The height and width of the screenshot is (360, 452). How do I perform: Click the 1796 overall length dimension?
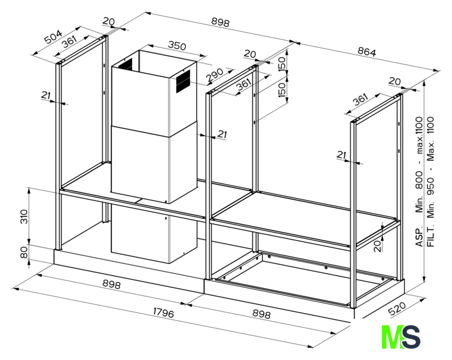point(164,312)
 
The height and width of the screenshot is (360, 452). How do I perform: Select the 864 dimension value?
point(367,52)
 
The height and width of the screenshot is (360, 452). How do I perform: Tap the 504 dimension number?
point(53,37)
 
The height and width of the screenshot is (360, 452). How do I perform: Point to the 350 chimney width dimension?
point(177,46)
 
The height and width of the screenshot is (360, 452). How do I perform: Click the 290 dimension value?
point(215,75)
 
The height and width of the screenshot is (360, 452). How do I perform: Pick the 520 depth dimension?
point(397,308)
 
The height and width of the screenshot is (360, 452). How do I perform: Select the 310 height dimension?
point(24,217)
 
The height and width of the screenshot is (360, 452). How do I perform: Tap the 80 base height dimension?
point(24,252)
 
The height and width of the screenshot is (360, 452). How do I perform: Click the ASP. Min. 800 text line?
point(419,182)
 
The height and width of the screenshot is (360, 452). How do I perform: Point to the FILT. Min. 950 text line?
point(431,182)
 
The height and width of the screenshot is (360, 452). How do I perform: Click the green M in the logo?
point(392,336)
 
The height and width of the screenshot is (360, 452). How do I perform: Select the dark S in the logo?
point(410,336)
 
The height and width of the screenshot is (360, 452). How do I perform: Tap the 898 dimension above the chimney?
point(220,22)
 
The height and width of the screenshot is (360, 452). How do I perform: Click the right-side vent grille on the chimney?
point(183,81)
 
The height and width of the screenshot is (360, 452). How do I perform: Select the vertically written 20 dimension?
point(378,246)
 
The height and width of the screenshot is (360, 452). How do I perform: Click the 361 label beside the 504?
point(70,42)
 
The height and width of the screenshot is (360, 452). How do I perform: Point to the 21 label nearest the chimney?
point(222,134)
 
